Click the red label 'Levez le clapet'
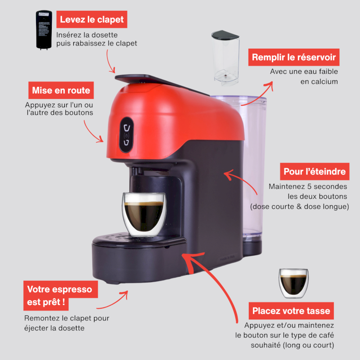coord(92,19)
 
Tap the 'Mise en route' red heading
coord(61,90)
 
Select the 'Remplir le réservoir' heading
coord(294,57)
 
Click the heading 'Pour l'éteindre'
coord(315,171)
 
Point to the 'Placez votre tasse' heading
coord(291,310)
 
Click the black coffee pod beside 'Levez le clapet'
coord(44,30)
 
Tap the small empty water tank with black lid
coord(225,58)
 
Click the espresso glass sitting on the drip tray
coord(144,215)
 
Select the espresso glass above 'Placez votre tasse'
coord(293,283)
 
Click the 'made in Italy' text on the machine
coord(227,258)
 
